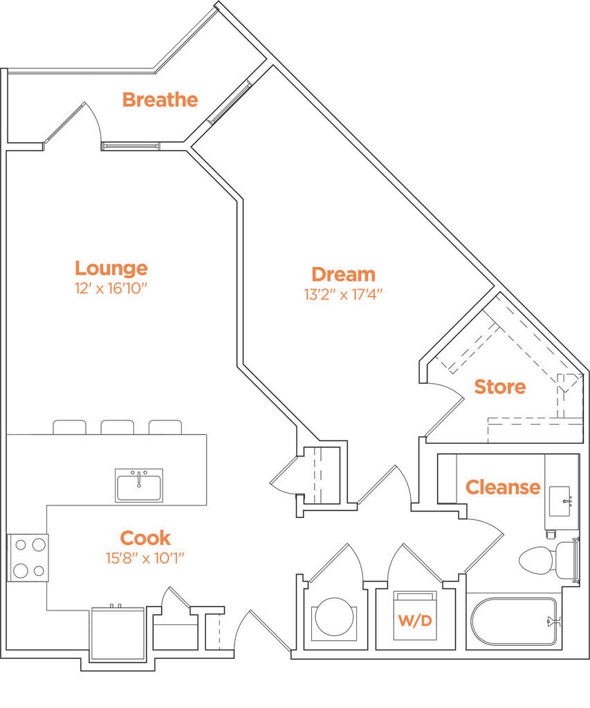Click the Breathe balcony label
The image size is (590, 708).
[x=160, y=100]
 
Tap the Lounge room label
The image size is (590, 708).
[x=111, y=268]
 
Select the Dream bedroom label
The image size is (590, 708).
[x=343, y=274]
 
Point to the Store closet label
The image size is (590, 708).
[x=499, y=386]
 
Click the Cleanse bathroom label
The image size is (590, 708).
[x=502, y=487]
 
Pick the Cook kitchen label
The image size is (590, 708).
[x=145, y=537]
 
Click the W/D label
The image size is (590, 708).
[x=414, y=621]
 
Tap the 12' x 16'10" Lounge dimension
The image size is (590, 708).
[x=111, y=288]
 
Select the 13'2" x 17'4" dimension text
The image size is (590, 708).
[x=343, y=294]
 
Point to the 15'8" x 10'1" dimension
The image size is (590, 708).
[x=145, y=557]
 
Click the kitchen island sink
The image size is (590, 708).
[x=139, y=485]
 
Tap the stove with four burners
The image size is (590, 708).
[x=28, y=558]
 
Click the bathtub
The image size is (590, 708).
[x=514, y=622]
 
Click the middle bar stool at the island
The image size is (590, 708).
[x=117, y=427]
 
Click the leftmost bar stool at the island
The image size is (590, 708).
[x=69, y=427]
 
